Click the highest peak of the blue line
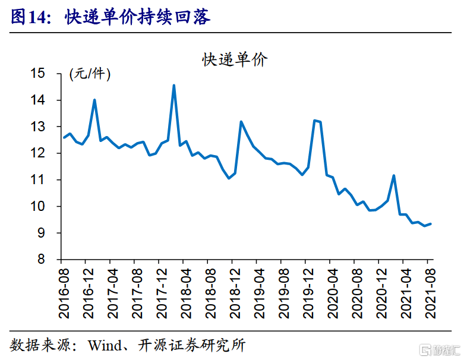173,85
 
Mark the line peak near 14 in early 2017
94,100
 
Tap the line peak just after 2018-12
241,122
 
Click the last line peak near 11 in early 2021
394,175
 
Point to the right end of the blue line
431,223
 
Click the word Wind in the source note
105,345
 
